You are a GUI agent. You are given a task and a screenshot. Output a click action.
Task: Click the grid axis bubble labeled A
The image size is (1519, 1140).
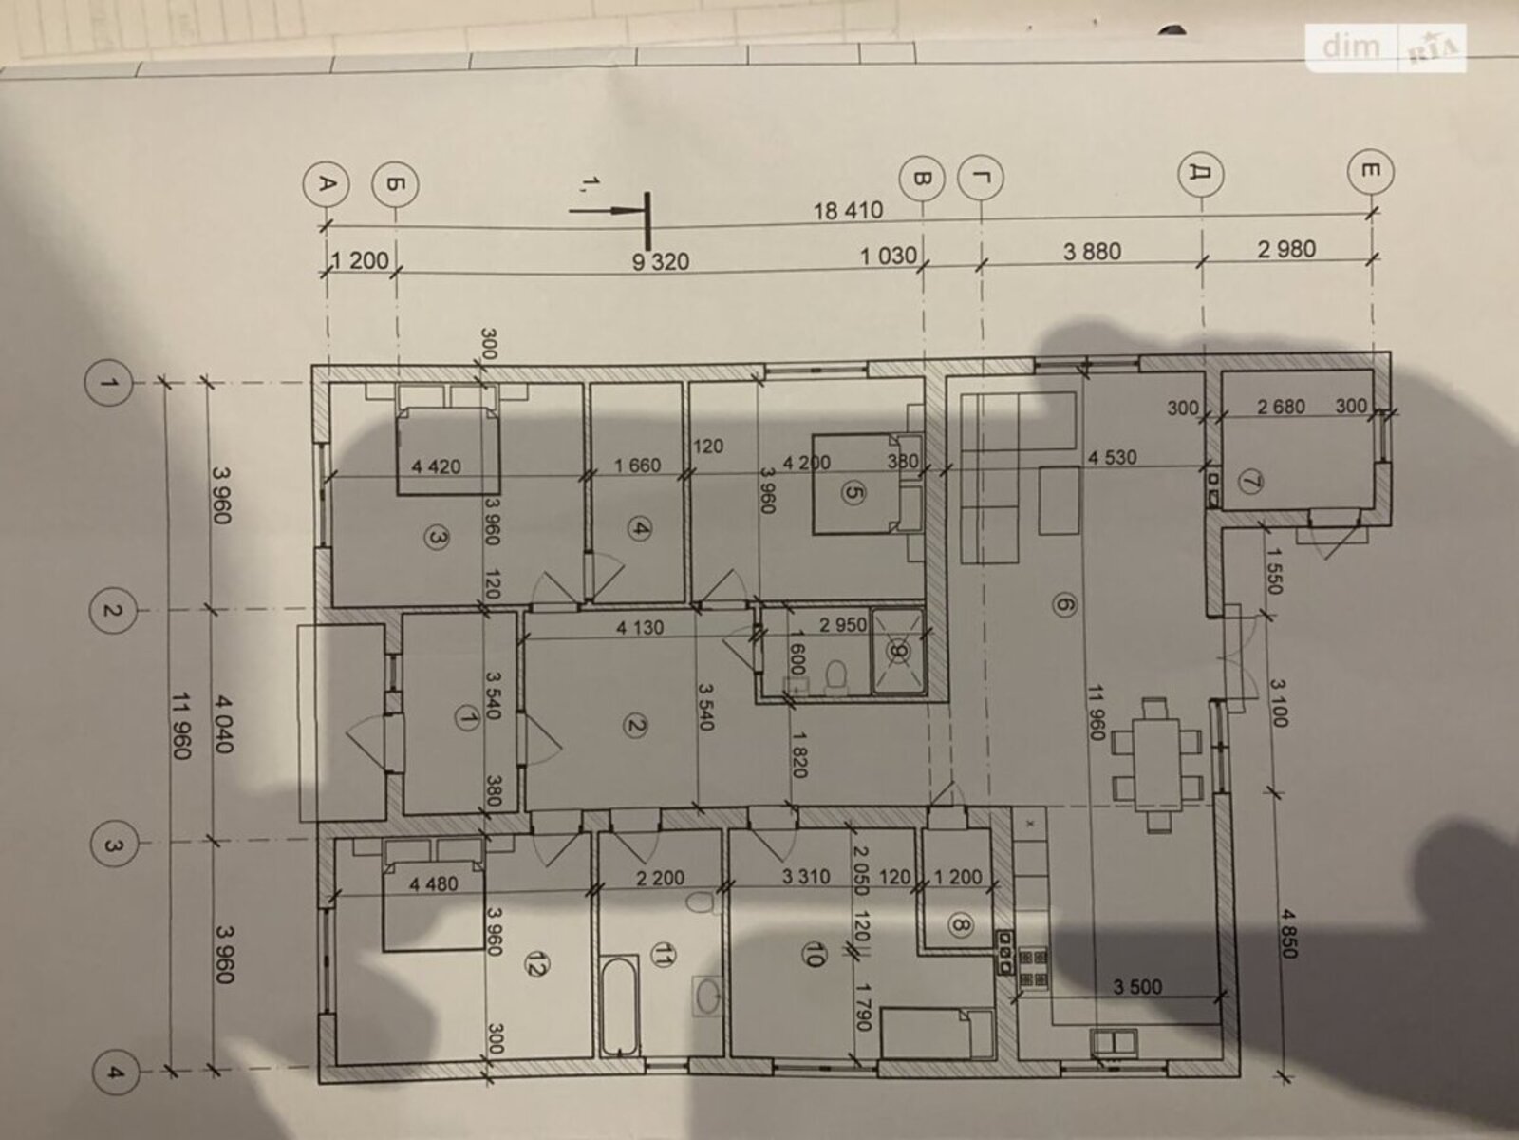326,185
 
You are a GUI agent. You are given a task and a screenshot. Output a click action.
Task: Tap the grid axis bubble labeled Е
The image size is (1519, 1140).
1371,171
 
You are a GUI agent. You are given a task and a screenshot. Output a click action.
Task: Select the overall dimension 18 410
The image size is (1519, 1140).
849,210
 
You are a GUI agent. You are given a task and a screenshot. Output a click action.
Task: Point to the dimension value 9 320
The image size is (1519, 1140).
661,261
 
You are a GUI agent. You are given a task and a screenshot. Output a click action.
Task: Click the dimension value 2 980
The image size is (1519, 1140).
1286,249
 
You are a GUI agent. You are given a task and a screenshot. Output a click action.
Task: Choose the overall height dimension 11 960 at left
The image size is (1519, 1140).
181,726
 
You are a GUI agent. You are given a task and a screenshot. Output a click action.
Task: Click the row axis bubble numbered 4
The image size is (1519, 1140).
115,1073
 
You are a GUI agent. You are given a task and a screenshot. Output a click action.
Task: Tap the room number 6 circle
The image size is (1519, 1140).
1064,605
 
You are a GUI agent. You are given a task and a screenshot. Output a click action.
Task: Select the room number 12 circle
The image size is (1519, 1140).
537,963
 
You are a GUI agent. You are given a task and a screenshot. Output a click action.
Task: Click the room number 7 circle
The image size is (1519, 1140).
1249,483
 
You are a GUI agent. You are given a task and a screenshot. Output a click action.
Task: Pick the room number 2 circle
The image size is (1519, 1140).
635,726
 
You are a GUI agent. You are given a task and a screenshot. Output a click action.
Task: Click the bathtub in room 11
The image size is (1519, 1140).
619,1006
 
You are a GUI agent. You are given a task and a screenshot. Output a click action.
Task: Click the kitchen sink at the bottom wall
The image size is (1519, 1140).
1114,1042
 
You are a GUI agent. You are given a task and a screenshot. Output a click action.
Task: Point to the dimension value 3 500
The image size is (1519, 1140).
1137,986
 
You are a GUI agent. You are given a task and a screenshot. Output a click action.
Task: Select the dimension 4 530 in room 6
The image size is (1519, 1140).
1112,458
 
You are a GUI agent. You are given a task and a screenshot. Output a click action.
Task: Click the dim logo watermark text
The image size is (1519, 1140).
1350,47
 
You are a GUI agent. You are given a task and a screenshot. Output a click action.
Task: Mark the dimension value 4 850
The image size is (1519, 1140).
1287,934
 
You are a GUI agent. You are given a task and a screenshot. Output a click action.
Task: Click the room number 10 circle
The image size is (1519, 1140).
813,956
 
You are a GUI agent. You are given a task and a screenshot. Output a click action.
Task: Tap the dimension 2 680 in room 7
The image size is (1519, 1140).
1281,407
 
